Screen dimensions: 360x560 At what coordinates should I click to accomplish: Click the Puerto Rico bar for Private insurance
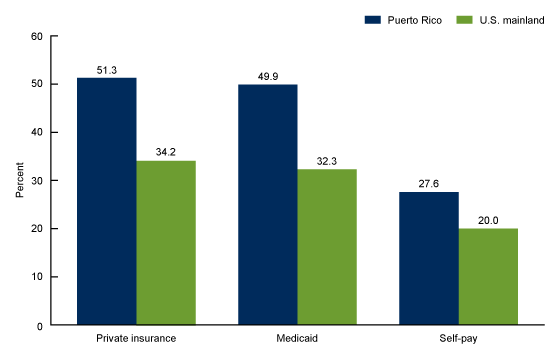(x=107, y=201)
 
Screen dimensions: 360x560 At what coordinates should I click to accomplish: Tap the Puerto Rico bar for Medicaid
(x=267, y=204)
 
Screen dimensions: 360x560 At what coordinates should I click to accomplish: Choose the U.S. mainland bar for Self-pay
(x=487, y=276)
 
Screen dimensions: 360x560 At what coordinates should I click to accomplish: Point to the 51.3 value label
(x=107, y=68)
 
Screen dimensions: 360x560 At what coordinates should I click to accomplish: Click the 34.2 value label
(x=167, y=150)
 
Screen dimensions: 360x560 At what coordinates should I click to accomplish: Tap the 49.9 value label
(x=267, y=75)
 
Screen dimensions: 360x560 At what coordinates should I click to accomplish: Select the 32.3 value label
(x=327, y=159)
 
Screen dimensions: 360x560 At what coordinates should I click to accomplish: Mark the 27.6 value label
(x=427, y=182)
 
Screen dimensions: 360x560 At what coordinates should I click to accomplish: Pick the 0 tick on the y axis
(x=38, y=325)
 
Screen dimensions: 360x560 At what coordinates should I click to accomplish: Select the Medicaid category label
(x=297, y=341)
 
